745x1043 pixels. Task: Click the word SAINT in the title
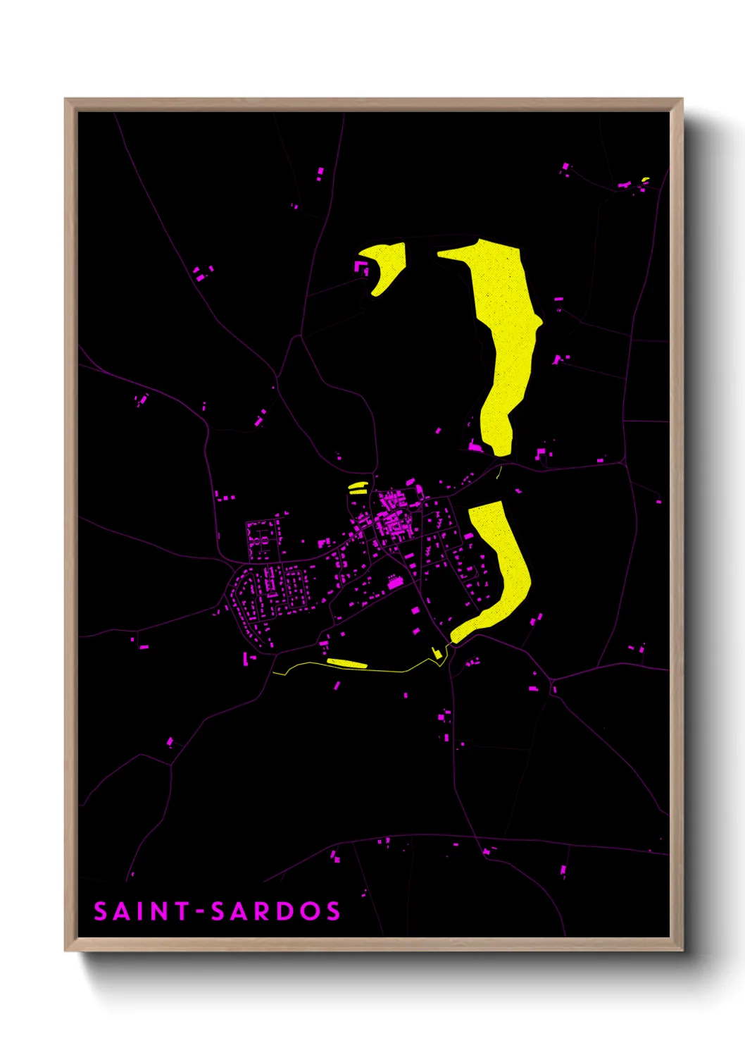click(x=142, y=911)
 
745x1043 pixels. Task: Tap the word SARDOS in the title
click(x=276, y=911)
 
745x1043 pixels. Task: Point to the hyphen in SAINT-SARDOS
click(x=201, y=912)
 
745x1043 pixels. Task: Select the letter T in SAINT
click(x=181, y=911)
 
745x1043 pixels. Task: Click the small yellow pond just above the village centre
click(x=358, y=486)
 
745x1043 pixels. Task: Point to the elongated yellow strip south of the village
click(x=347, y=662)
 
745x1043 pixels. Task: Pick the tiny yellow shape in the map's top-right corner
click(x=645, y=180)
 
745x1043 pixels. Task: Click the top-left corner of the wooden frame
click(x=65, y=99)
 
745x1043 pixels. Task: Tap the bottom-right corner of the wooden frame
click(x=682, y=950)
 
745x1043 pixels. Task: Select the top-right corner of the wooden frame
click(x=682, y=99)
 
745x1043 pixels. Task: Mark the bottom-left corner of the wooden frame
click(x=65, y=950)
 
